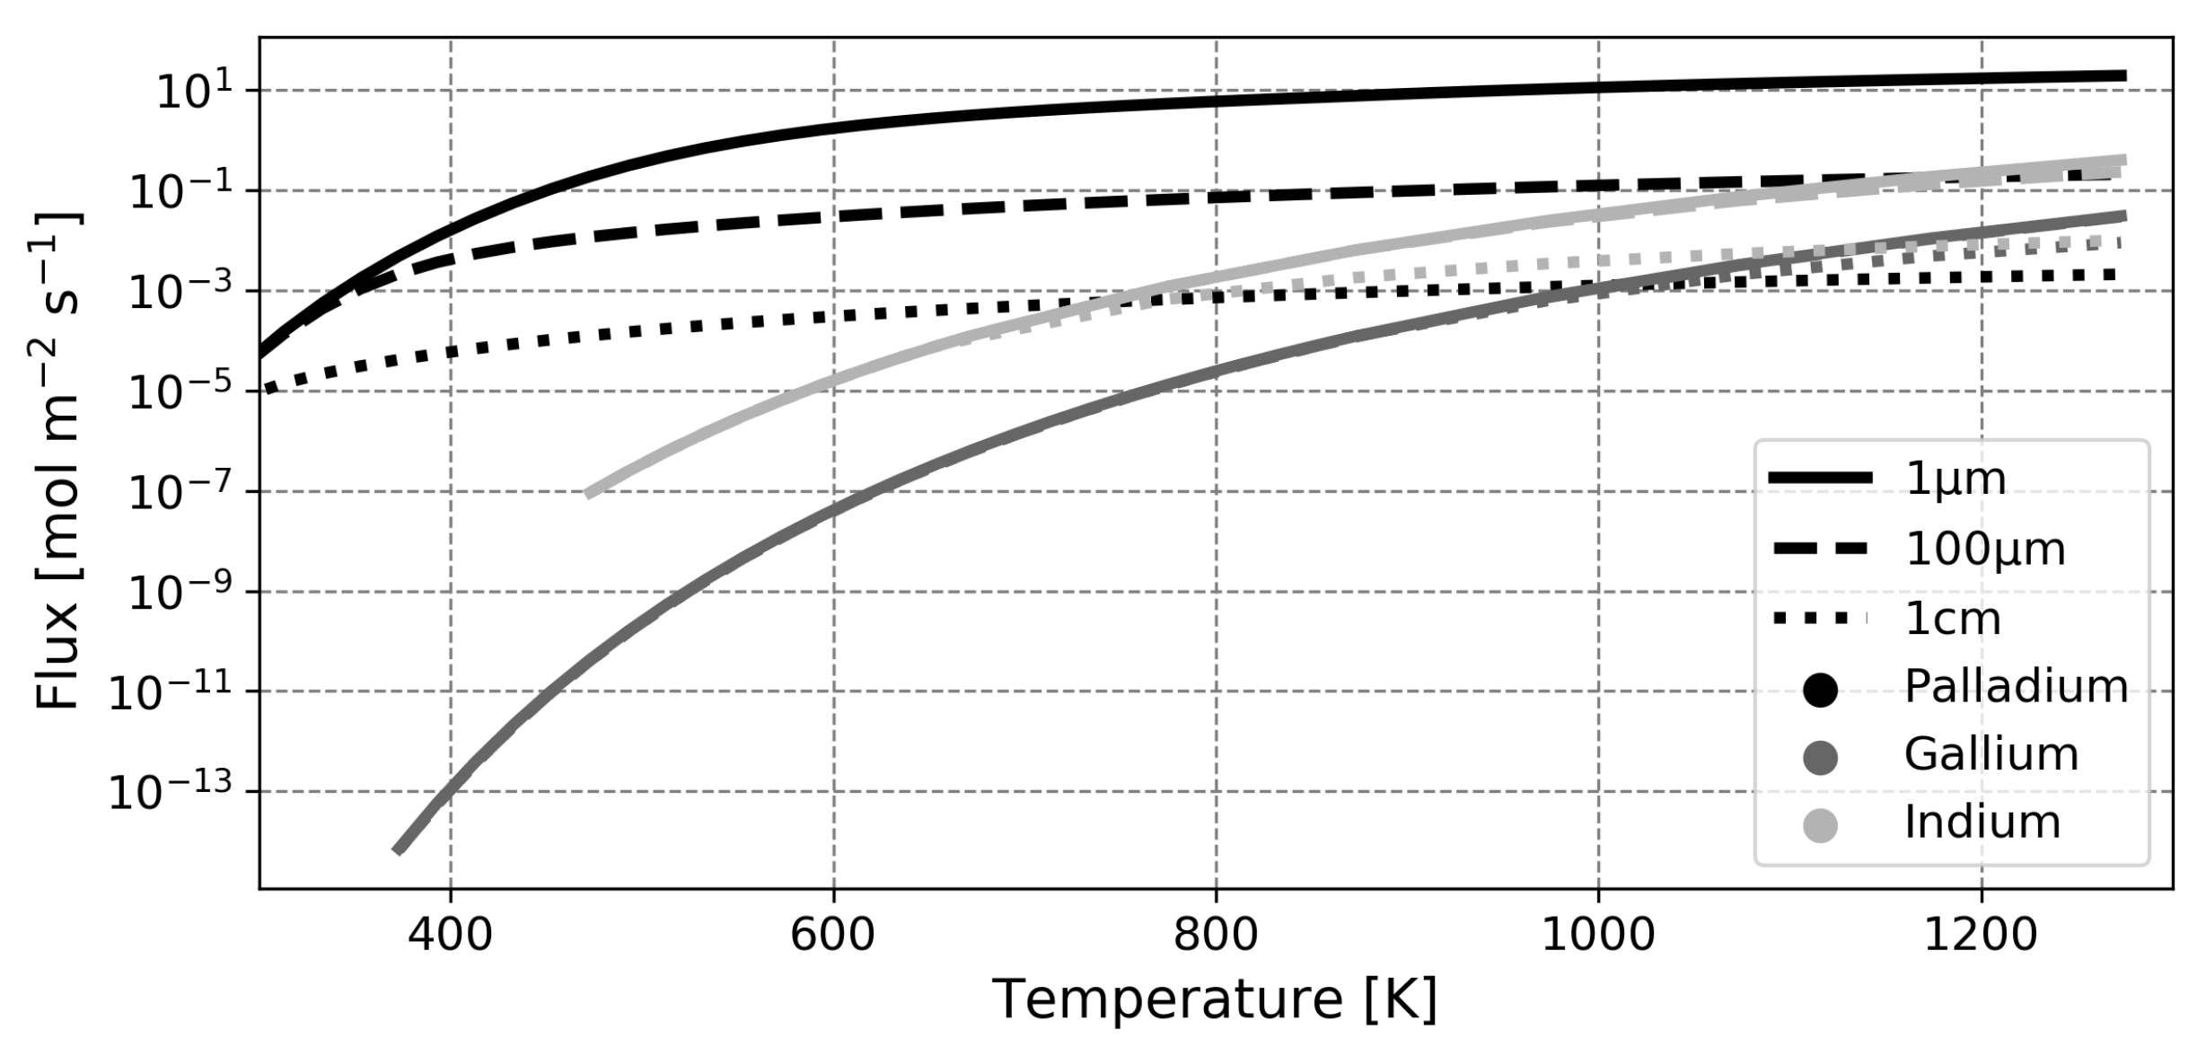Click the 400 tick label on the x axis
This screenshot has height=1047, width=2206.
(x=450, y=935)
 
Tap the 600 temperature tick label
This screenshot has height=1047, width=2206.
(x=832, y=935)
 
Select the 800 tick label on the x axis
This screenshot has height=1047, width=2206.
(x=1216, y=935)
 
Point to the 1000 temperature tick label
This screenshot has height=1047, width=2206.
(x=1597, y=935)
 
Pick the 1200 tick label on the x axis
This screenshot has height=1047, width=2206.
(x=1981, y=935)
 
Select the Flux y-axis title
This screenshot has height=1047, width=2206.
(x=58, y=461)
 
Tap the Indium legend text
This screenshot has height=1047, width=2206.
(x=1982, y=823)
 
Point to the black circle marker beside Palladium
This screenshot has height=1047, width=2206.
(x=1820, y=690)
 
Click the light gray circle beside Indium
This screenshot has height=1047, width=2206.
(x=1820, y=826)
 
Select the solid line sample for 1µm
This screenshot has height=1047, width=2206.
(x=1820, y=479)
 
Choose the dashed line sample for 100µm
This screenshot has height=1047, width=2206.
(x=1820, y=549)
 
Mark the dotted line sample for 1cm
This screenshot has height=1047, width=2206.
(x=1820, y=619)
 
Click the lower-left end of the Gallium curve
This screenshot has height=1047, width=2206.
(x=398, y=849)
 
